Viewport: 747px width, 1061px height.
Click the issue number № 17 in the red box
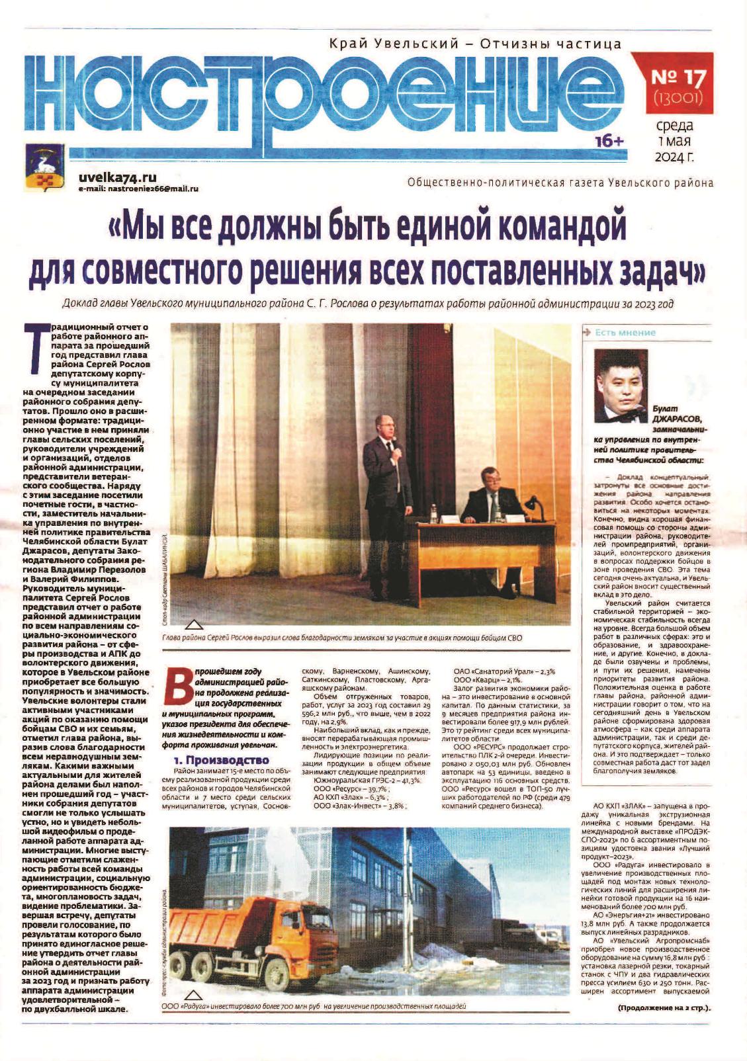point(679,78)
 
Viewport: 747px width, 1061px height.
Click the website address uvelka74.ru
point(117,177)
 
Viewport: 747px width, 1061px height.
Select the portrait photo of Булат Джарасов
point(621,385)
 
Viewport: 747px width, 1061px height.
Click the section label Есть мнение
point(624,333)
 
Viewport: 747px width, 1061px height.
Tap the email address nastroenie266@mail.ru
point(138,189)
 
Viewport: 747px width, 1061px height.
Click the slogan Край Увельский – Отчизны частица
point(475,45)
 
